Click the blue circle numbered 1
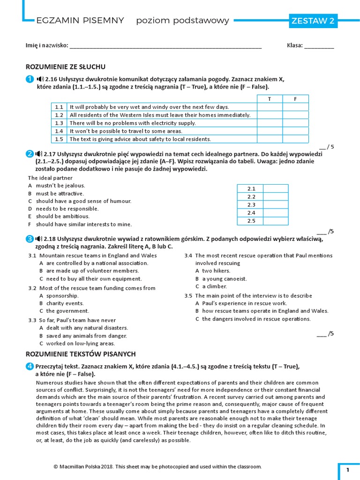30,79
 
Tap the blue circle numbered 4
30,366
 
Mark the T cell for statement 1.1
269,107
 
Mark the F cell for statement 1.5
295,139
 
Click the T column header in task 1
269,99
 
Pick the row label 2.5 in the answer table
251,221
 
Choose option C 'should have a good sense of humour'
80,201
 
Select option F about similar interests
80,225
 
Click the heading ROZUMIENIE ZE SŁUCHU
65,67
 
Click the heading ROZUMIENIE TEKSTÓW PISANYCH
80,354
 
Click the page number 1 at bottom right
348,470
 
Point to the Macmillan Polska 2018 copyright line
157,467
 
